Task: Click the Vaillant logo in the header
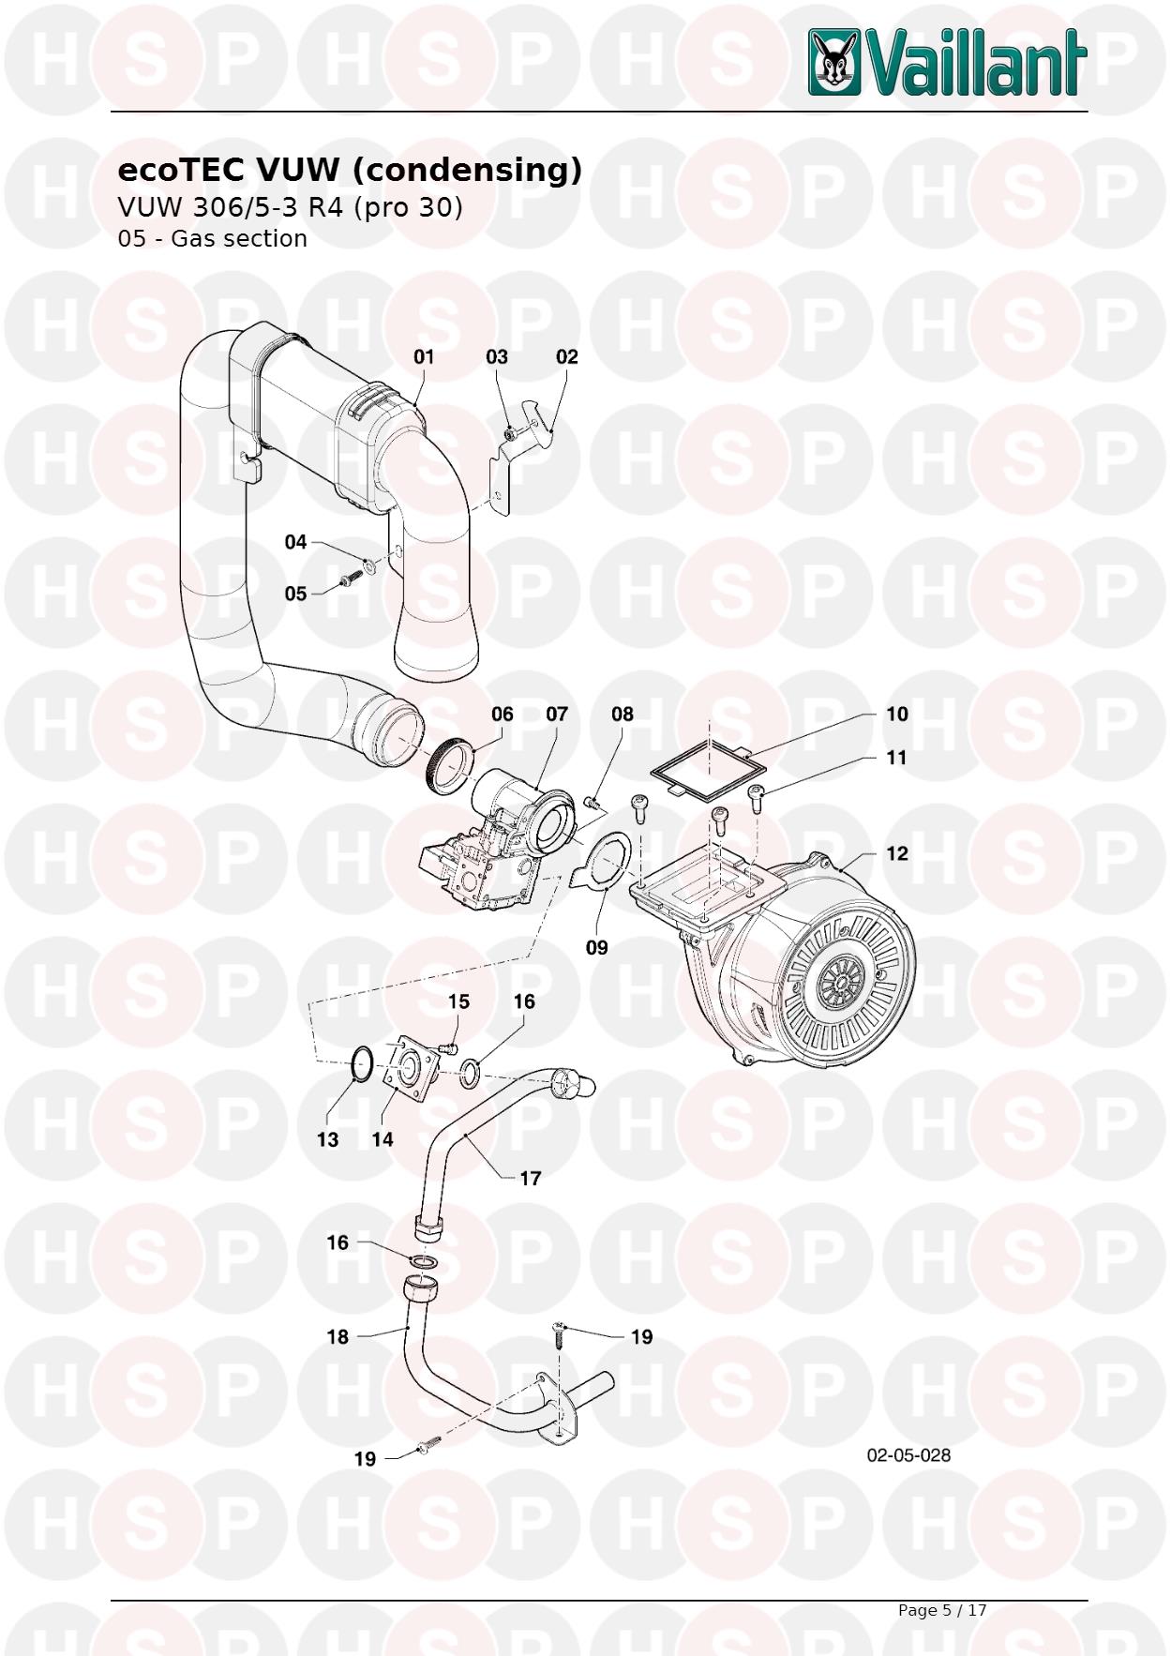click(x=947, y=62)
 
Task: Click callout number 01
click(x=425, y=356)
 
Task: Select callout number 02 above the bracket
click(x=567, y=356)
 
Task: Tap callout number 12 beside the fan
click(x=897, y=853)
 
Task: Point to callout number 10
click(x=897, y=714)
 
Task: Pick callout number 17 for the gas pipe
click(x=531, y=1178)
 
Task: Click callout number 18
click(x=338, y=1336)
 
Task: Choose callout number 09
click(x=597, y=947)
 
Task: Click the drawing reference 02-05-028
click(x=908, y=1454)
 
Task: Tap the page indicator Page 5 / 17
click(x=942, y=1610)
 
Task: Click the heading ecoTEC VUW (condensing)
click(x=349, y=170)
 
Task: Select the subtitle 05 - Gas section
click(x=212, y=239)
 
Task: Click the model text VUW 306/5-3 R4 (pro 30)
click(x=290, y=207)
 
